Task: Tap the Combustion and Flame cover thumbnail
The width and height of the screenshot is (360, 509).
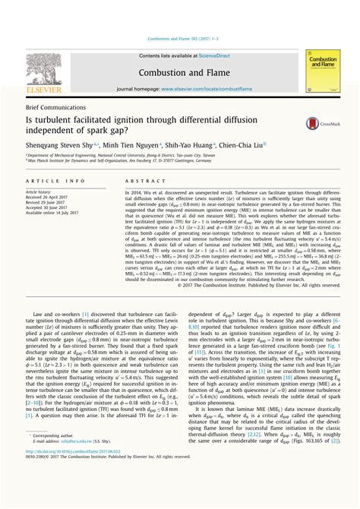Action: click(x=321, y=72)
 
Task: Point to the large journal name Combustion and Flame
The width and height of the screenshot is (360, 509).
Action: click(x=179, y=72)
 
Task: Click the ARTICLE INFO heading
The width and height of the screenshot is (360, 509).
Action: click(x=55, y=181)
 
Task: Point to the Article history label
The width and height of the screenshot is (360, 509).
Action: click(x=41, y=192)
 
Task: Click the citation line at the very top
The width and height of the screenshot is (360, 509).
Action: click(x=179, y=37)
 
